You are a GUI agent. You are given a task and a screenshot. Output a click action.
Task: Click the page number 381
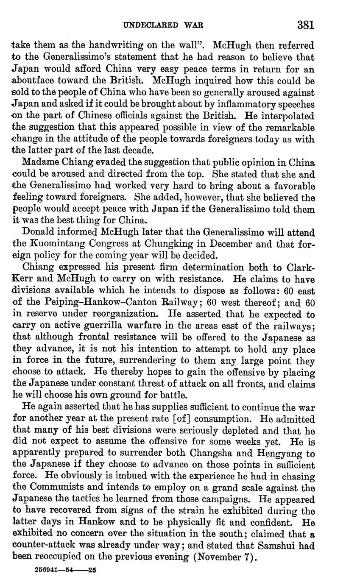pos(305,25)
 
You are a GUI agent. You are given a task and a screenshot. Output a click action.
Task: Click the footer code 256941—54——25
pos(66,571)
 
